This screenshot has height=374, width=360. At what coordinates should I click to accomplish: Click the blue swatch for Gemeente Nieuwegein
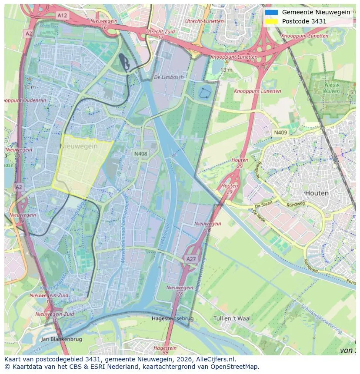coord(271,12)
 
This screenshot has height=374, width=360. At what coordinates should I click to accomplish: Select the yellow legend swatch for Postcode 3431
coord(271,21)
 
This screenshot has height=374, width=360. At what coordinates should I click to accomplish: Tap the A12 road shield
coord(62,15)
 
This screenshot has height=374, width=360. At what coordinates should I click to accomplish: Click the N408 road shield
coord(140,153)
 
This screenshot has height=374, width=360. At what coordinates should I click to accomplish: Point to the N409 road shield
coord(280,132)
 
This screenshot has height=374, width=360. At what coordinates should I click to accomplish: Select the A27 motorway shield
coord(191,259)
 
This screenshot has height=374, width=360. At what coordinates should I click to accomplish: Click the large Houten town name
coord(317,193)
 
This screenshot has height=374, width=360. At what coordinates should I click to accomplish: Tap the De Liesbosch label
coord(169,77)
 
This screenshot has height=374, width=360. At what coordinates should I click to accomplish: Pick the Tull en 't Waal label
coord(232,318)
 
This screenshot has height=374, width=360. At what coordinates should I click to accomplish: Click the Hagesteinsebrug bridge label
coord(173,318)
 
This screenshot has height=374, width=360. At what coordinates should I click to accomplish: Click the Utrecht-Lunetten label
coord(204,21)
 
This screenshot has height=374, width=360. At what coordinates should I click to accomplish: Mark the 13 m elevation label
coord(226,70)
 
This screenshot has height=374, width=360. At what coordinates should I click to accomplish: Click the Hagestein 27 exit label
coord(165,350)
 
